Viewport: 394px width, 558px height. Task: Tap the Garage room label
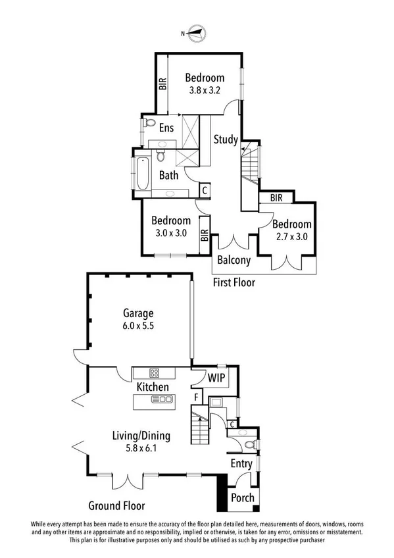[139, 313]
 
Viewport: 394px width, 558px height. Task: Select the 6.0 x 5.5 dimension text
[139, 325]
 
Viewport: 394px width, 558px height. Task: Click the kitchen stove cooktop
[153, 372]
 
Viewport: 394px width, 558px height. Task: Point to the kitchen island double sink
[161, 399]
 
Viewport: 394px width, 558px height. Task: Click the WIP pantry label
[217, 378]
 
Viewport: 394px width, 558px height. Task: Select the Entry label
[241, 464]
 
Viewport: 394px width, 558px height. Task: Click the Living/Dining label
[141, 435]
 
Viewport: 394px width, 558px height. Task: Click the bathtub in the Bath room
[143, 174]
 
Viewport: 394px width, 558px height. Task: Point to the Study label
[225, 139]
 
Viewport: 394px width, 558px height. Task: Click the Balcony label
[234, 260]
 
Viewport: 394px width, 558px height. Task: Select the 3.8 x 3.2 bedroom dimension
[204, 89]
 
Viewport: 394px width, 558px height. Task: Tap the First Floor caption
[234, 283]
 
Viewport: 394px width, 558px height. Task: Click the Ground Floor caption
[116, 506]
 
